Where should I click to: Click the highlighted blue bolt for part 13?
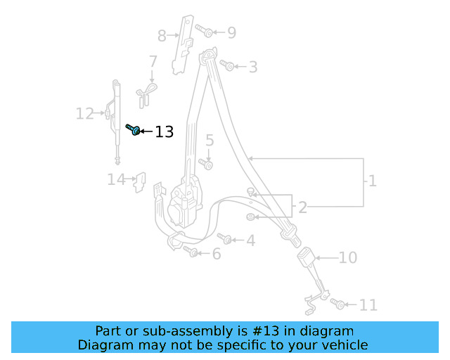134,129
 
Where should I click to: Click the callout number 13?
164,132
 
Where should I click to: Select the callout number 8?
162,35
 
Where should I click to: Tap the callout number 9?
231,32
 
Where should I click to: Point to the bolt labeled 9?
206,31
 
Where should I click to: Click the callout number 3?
252,67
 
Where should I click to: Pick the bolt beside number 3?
227,65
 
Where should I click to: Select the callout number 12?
84,113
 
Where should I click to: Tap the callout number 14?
116,180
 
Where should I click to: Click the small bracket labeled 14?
141,182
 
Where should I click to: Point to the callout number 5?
210,141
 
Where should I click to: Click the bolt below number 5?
206,164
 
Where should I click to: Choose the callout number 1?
372,181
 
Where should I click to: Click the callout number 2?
302,207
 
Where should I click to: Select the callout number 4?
250,241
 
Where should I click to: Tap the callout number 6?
217,254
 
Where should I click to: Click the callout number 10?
347,258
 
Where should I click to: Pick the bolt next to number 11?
337,304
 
